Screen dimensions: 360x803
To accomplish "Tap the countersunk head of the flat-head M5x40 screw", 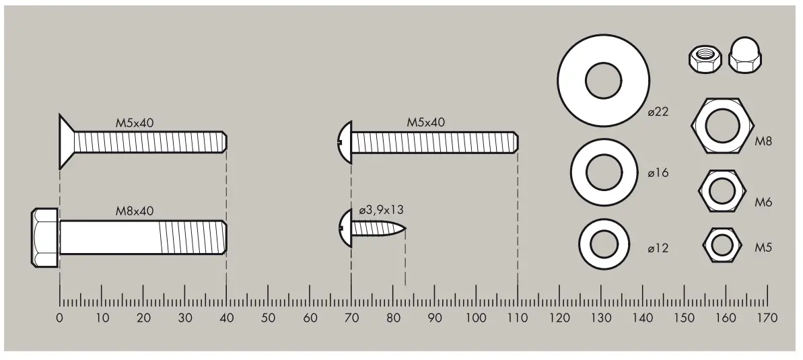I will click(x=65, y=141).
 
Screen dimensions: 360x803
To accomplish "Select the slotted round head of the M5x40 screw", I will click(x=343, y=141).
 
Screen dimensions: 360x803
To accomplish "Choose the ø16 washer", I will click(x=604, y=173).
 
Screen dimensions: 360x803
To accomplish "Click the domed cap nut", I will click(x=746, y=59).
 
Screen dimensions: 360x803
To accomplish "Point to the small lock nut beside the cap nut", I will click(x=705, y=59).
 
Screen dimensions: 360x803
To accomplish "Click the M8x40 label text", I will click(x=135, y=211).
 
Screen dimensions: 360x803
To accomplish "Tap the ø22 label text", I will click(x=658, y=112).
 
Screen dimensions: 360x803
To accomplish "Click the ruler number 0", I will click(x=60, y=318).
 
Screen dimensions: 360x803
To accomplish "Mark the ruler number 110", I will click(x=518, y=318).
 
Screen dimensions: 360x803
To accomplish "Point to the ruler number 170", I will click(x=767, y=318).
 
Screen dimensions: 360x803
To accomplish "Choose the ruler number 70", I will click(x=351, y=318).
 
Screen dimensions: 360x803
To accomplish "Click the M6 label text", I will click(x=763, y=201).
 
